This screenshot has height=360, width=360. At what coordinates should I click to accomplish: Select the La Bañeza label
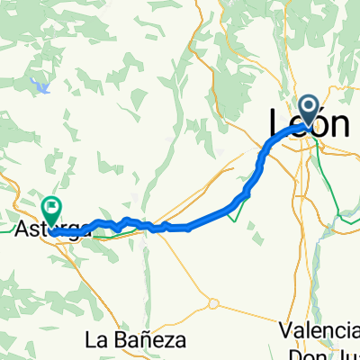pyautogui.click(x=135, y=340)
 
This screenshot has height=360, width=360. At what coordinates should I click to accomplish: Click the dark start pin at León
pyautogui.click(x=310, y=110)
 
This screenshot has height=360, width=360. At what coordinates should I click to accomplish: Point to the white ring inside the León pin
pyautogui.click(x=310, y=108)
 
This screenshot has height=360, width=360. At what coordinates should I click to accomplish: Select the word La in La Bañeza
pyautogui.click(x=94, y=340)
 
